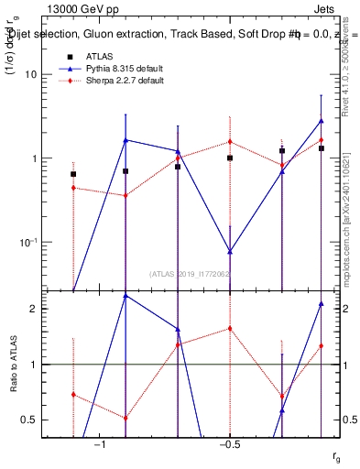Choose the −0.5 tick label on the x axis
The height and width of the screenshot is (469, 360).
click(x=229, y=445)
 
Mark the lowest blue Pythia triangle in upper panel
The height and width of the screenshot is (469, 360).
click(x=230, y=251)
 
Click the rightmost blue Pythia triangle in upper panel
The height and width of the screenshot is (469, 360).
click(x=322, y=121)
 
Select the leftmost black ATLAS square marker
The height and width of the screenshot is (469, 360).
click(x=73, y=174)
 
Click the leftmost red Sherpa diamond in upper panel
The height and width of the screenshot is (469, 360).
click(x=73, y=188)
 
